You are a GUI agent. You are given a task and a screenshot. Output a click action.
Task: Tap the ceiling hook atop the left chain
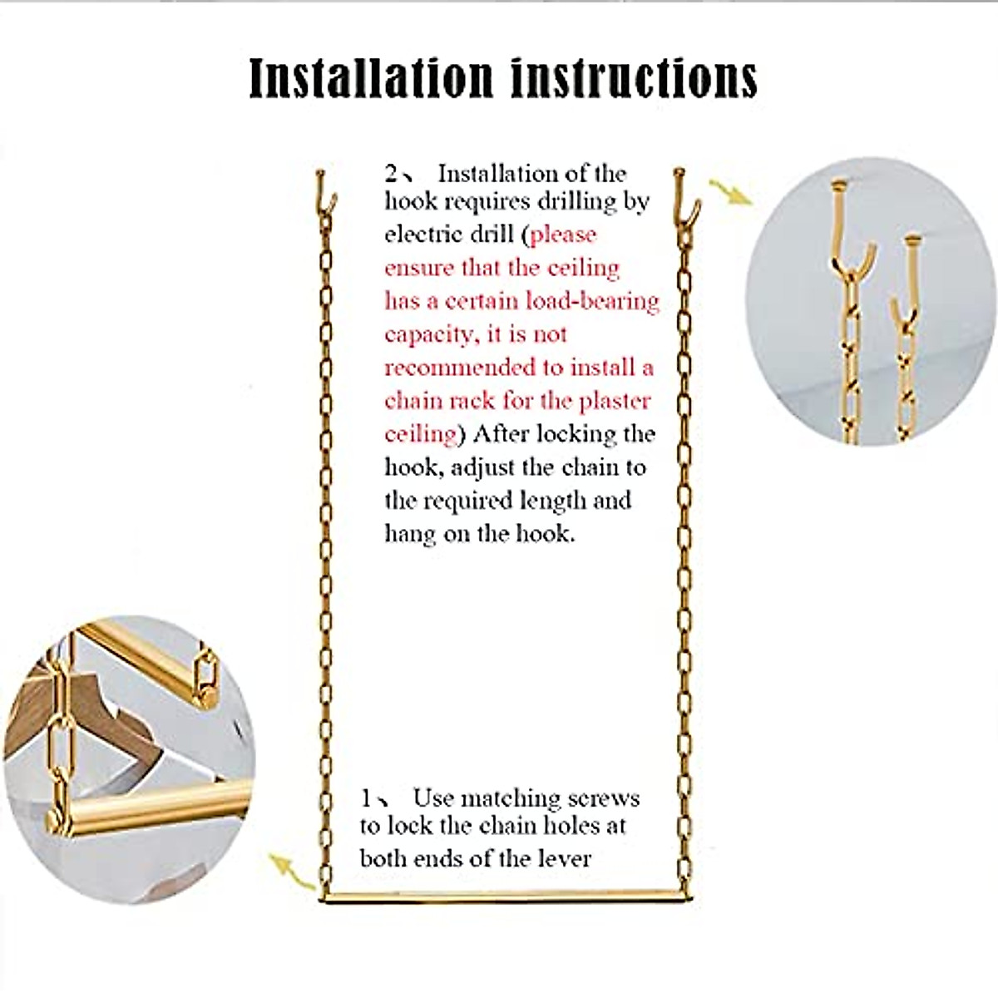pyautogui.click(x=324, y=192)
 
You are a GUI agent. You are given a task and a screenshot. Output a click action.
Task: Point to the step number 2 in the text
pyautogui.click(x=392, y=174)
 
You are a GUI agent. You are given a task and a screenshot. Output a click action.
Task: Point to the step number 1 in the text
pyautogui.click(x=367, y=798)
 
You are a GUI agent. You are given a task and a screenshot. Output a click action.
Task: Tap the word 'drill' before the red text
pyautogui.click(x=492, y=235)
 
